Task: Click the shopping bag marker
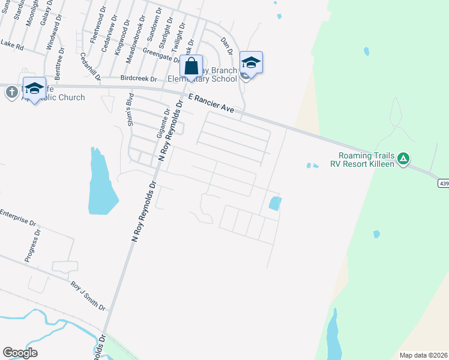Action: pyautogui.click(x=191, y=66)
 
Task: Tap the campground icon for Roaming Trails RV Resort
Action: pyautogui.click(x=405, y=158)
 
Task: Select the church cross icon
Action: pyautogui.click(x=11, y=92)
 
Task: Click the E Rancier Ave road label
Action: pyautogui.click(x=210, y=103)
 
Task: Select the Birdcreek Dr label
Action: pyautogui.click(x=138, y=79)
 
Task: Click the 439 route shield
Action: pyautogui.click(x=443, y=183)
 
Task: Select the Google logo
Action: pyautogui.click(x=20, y=352)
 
